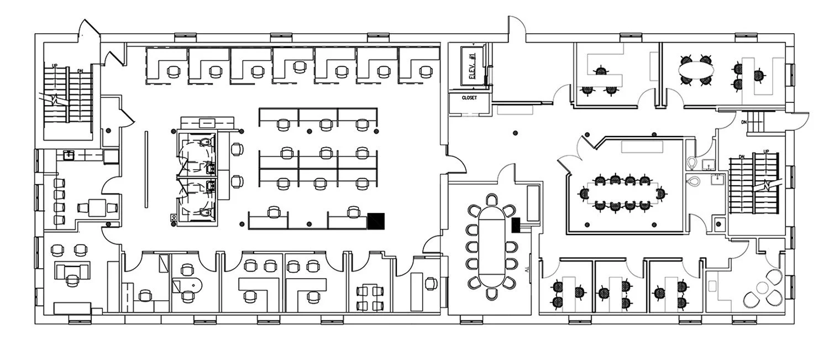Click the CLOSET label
(469, 98)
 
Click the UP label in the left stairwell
(55, 65)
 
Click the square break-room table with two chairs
(97, 208)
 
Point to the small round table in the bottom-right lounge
(764, 287)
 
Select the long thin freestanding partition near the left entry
(146, 169)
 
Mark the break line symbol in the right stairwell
(769, 185)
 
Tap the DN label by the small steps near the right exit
(744, 122)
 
